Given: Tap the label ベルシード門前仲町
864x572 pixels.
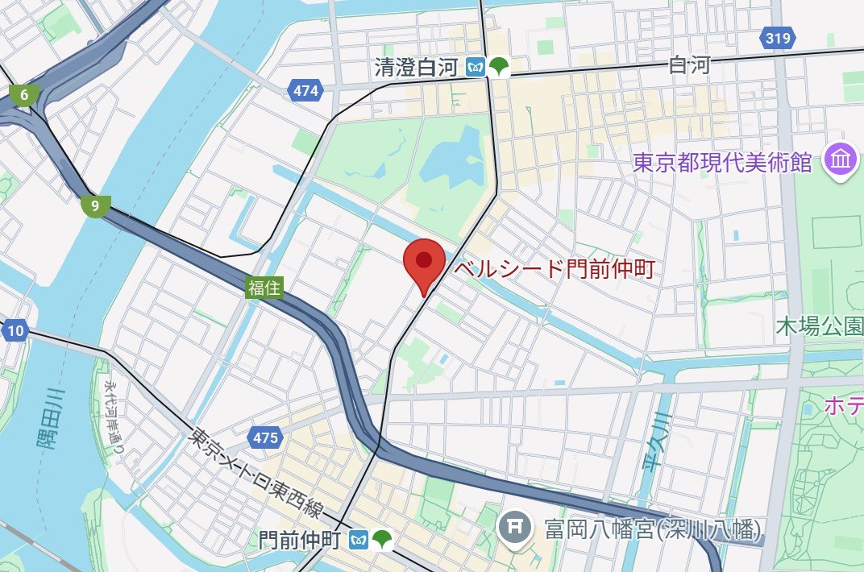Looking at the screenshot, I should point(554,269).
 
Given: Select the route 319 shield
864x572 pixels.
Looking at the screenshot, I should point(778,37).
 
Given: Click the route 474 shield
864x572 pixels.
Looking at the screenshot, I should point(305,91).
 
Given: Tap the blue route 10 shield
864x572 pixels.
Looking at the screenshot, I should point(15,330).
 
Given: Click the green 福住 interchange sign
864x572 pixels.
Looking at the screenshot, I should point(264,288).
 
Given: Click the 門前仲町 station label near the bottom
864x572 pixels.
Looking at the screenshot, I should point(301,539).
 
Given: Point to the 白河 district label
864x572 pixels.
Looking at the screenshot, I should point(690,66).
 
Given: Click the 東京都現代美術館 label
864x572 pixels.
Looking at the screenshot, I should point(721,163).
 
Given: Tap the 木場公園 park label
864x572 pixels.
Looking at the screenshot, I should point(819,326).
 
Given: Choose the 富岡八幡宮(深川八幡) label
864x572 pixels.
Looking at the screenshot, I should point(651,529).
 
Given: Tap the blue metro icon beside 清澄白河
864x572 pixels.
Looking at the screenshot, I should point(477,68).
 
